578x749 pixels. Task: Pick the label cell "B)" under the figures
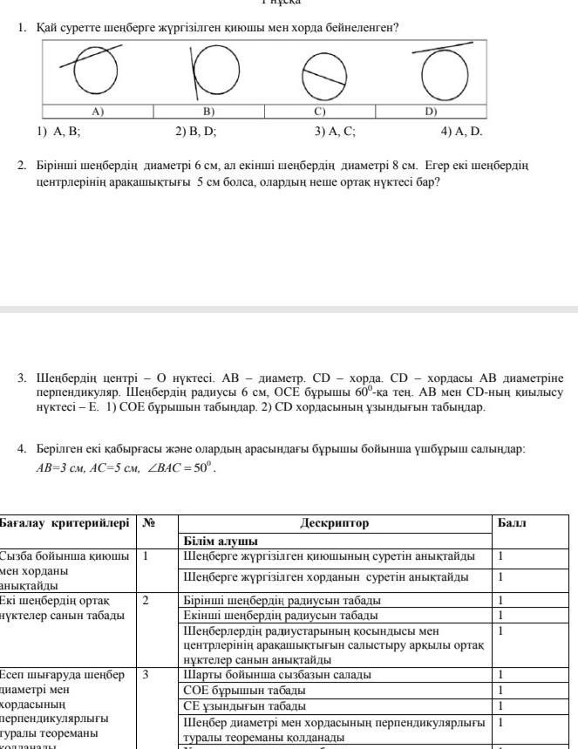[208, 112]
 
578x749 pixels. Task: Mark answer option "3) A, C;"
[335, 132]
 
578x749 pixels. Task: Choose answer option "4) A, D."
[461, 132]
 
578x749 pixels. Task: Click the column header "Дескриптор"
[335, 524]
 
